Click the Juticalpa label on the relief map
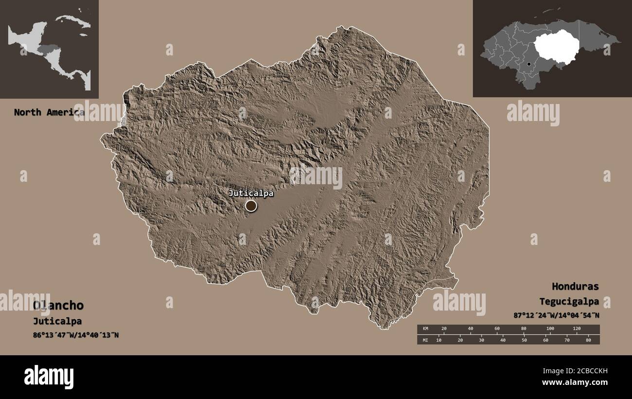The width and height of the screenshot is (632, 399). [251, 193]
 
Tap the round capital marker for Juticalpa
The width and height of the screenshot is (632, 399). [251, 206]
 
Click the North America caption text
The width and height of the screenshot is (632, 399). [49, 112]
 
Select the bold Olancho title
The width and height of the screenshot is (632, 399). [58, 306]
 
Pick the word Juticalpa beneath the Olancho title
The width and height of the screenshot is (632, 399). [57, 321]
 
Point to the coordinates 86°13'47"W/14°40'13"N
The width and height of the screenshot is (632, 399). [76, 335]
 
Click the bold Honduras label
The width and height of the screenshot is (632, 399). [575, 286]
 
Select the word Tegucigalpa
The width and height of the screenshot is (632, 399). [569, 301]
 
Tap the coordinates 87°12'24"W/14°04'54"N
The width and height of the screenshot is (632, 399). [556, 315]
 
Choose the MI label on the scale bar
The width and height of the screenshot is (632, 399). [425, 340]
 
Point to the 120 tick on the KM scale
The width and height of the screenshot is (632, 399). [577, 329]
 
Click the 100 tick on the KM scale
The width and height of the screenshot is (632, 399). [550, 329]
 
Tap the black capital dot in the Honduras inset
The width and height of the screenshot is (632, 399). [528, 64]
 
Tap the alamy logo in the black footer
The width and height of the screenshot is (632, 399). [49, 377]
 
